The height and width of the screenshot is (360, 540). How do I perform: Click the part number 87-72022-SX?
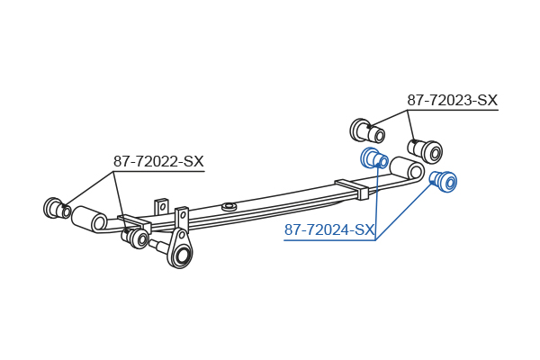coord(158,161)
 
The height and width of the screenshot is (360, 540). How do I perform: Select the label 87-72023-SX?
coord(453,100)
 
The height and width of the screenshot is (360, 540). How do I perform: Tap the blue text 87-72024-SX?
coord(328,229)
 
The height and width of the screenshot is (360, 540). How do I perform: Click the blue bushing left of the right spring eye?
coord(374,158)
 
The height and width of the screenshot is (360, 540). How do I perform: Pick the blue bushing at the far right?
coord(444,181)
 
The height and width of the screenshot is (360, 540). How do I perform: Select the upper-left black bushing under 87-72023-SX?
coord(367,130)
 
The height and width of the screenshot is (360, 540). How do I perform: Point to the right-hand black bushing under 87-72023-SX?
coord(426,151)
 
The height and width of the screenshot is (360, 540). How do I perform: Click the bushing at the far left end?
coord(58,208)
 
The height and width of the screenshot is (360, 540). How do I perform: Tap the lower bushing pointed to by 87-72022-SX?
coord(135,238)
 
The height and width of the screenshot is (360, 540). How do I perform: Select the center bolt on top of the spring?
coord(229,207)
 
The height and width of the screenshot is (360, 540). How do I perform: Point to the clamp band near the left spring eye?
coord(135,223)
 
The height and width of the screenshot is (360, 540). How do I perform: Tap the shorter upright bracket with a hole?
coord(161,207)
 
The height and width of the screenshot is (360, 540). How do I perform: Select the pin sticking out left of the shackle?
coord(158,247)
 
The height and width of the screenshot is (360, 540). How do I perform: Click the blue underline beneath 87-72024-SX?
coord(329,239)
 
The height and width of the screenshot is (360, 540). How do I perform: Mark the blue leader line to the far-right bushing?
coord(403,211)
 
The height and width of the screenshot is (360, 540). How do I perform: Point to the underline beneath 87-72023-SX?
coord(453,110)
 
